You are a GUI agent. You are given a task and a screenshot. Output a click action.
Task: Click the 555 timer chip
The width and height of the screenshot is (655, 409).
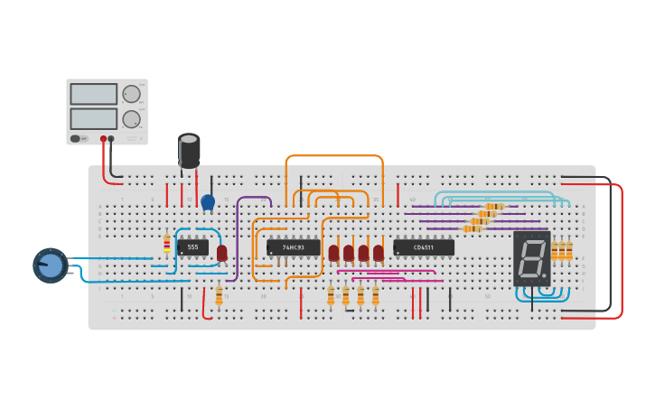(x=192, y=247)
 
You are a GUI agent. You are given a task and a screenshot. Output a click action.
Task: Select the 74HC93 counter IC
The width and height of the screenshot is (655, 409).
(x=294, y=247)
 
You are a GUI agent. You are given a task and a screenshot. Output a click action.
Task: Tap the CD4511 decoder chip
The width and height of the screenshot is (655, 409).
(x=423, y=247)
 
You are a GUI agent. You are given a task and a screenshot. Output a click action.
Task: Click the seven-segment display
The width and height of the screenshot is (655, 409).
(x=531, y=258)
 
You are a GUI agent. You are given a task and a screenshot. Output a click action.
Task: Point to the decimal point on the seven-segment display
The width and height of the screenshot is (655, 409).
(x=545, y=276)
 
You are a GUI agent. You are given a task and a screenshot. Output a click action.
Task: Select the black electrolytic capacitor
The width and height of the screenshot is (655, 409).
(x=189, y=150)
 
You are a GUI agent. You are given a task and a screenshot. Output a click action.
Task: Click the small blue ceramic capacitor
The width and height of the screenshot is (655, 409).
(x=208, y=202)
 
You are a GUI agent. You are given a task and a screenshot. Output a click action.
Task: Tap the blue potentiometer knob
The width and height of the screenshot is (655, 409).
(x=51, y=265)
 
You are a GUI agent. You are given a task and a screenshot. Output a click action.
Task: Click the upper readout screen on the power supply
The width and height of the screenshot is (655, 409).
(x=93, y=94)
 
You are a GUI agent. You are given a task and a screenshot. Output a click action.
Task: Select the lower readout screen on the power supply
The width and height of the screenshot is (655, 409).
(x=93, y=118)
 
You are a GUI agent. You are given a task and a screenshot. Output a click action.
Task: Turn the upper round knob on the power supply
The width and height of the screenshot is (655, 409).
(x=132, y=94)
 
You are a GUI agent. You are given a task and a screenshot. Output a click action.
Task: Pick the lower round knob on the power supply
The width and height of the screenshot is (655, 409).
(x=132, y=118)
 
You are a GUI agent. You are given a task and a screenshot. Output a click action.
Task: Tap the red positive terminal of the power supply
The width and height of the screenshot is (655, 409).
(x=103, y=139)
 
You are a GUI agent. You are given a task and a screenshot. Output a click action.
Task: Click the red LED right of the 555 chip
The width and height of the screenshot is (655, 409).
(x=222, y=253)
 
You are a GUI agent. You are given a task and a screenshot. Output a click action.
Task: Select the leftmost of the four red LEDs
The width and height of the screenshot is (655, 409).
(x=333, y=253)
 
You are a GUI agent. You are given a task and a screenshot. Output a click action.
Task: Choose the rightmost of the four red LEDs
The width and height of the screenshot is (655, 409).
(x=378, y=253)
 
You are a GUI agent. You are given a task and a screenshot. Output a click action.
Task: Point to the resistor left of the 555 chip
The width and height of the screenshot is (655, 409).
(x=166, y=244)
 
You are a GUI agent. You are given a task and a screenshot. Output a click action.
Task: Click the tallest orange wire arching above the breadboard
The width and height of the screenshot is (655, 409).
(x=334, y=156)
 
